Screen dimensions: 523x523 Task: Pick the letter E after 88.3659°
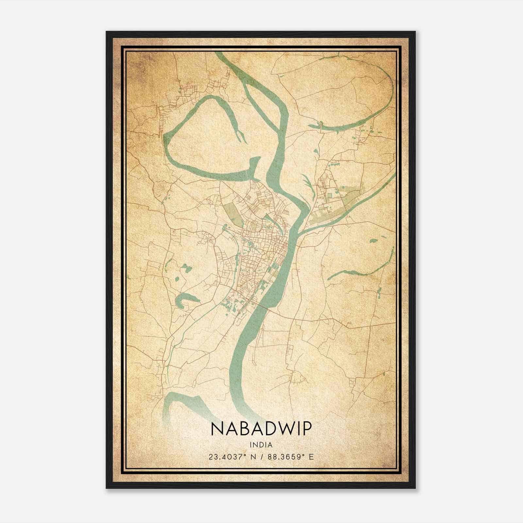(x=311, y=457)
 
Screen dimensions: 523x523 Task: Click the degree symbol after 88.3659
(x=305, y=455)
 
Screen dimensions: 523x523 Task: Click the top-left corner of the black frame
(x=107, y=32)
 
